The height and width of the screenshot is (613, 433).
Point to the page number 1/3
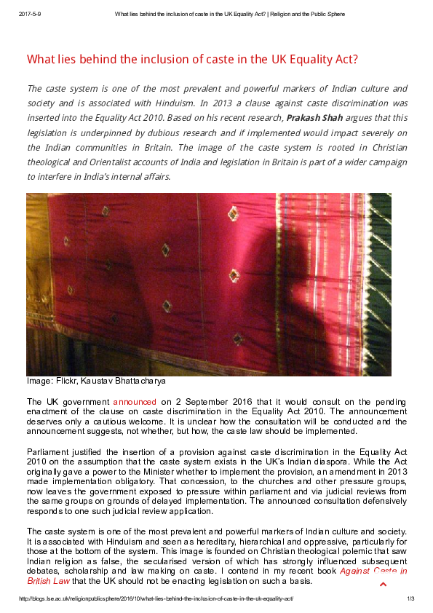click(410, 599)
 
